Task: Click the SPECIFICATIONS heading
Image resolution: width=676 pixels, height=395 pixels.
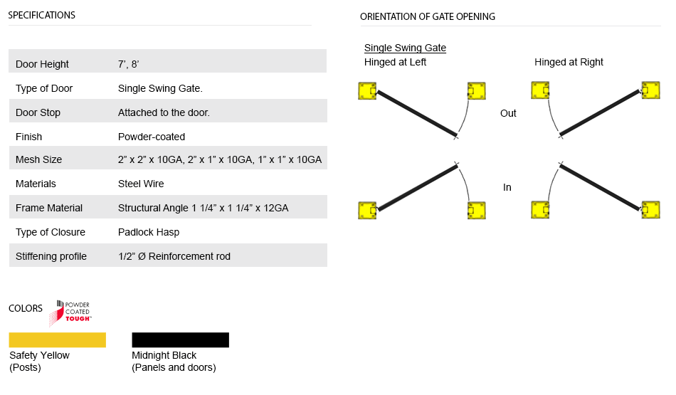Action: (42, 15)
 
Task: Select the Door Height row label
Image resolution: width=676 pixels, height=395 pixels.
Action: (42, 64)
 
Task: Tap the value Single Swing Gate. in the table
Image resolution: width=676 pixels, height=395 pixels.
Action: (160, 88)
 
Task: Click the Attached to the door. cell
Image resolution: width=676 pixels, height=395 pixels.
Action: (164, 112)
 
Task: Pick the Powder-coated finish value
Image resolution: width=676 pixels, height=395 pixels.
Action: (152, 137)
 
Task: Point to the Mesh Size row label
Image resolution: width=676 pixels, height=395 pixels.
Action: (38, 159)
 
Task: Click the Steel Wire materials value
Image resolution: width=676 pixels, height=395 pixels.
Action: (141, 184)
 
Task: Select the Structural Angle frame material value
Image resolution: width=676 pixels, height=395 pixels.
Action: (203, 208)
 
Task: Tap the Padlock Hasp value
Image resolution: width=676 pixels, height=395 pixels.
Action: (149, 232)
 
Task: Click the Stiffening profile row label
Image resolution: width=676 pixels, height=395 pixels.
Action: (51, 256)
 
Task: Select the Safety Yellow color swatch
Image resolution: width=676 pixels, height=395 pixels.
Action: (57, 340)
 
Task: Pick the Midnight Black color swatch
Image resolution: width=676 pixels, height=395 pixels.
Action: (181, 340)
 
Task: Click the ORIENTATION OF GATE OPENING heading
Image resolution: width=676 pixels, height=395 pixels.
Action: (428, 16)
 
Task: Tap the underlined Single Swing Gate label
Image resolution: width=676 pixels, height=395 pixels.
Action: (405, 48)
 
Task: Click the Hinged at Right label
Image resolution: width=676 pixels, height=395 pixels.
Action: (569, 62)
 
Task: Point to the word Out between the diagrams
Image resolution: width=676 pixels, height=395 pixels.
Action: (508, 113)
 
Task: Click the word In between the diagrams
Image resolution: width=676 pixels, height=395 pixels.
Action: (507, 187)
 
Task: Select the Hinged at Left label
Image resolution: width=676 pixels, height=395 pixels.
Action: (395, 62)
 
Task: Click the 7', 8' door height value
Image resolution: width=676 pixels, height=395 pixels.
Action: (128, 64)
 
